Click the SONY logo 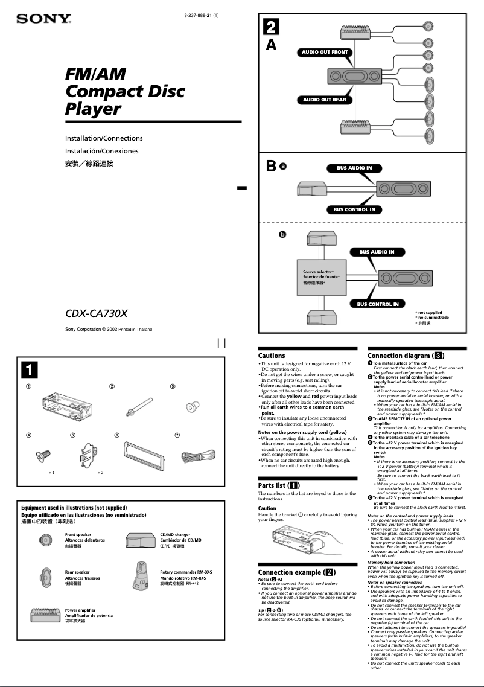(x=43, y=19)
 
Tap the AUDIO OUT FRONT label (x=325, y=53)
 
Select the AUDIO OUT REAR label (x=325, y=100)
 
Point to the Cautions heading (x=272, y=356)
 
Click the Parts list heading (x=278, y=485)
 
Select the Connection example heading (x=296, y=572)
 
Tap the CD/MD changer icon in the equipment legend (x=140, y=542)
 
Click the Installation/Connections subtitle (x=104, y=138)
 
